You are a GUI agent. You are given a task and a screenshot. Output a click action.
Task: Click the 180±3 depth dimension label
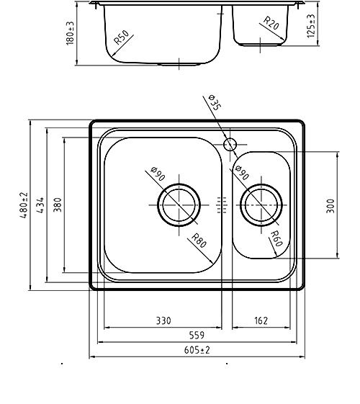coord(70,33)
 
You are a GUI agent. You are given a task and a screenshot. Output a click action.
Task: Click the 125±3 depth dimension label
coord(311,26)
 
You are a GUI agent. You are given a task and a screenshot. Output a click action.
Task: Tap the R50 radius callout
coord(121,37)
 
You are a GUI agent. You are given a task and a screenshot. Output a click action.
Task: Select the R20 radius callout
coord(271,23)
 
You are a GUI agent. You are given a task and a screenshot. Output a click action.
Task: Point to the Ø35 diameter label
coord(215,102)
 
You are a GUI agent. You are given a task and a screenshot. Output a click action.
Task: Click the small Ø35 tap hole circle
coord(230,144)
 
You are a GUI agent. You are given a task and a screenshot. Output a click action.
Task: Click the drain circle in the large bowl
coord(179,205)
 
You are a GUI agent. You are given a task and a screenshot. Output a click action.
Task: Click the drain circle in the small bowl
coord(261,205)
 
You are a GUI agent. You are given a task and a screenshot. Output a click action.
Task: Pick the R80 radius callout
coord(199,241)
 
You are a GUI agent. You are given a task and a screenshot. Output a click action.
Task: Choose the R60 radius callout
coord(276,238)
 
